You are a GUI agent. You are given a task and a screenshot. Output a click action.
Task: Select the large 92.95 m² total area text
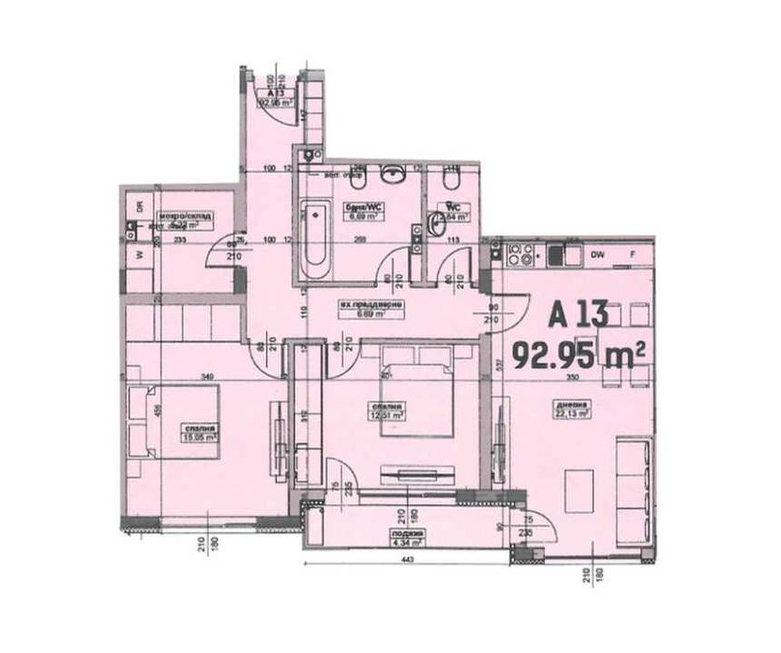(579, 354)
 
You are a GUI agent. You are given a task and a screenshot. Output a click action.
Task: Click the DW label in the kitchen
(598, 254)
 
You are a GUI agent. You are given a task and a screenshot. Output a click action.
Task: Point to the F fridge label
(633, 254)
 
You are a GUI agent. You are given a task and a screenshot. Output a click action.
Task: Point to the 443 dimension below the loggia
(408, 560)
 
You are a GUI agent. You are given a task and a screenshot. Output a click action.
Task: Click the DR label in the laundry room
(140, 208)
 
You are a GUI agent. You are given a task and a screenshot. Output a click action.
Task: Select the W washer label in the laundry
(140, 254)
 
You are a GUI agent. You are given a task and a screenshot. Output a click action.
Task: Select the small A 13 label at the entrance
(275, 98)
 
